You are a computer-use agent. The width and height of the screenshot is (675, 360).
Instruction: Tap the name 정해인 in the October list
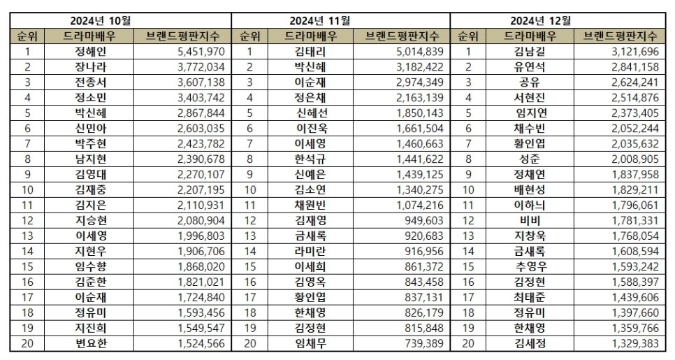(x=90, y=51)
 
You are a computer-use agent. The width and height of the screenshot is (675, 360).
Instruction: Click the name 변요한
(x=90, y=344)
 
